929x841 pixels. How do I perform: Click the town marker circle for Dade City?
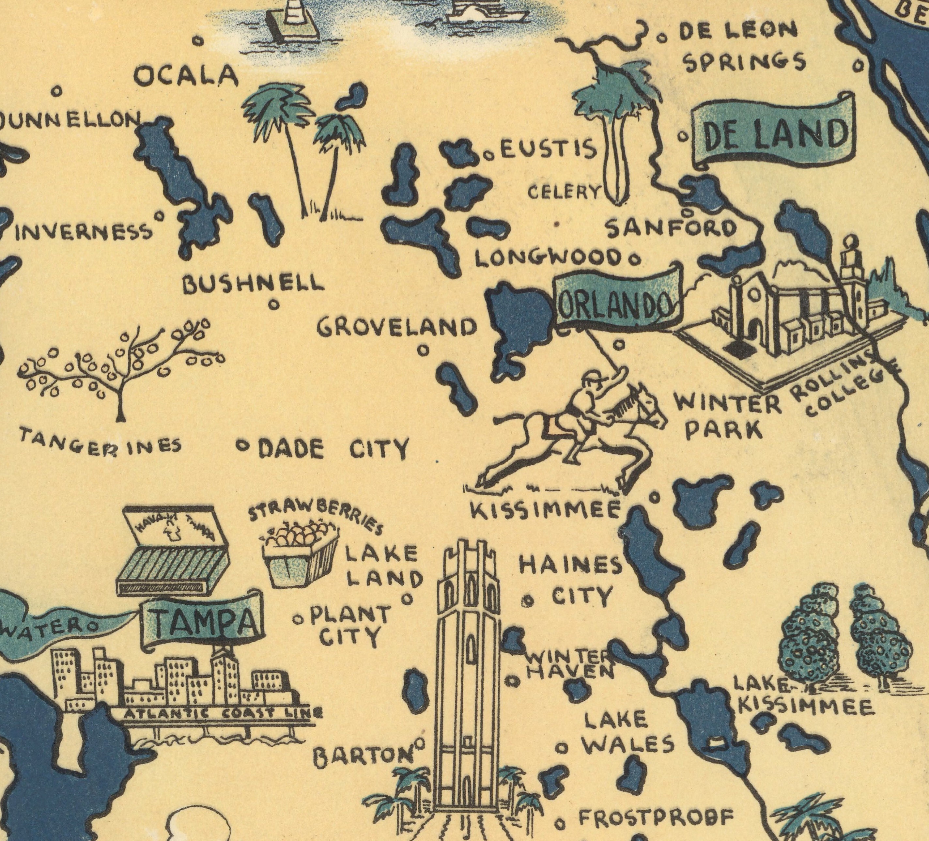[242, 445]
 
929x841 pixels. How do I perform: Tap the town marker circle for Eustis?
[488, 157]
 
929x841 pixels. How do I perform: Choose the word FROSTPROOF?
[656, 818]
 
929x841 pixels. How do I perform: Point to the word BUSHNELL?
[253, 283]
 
